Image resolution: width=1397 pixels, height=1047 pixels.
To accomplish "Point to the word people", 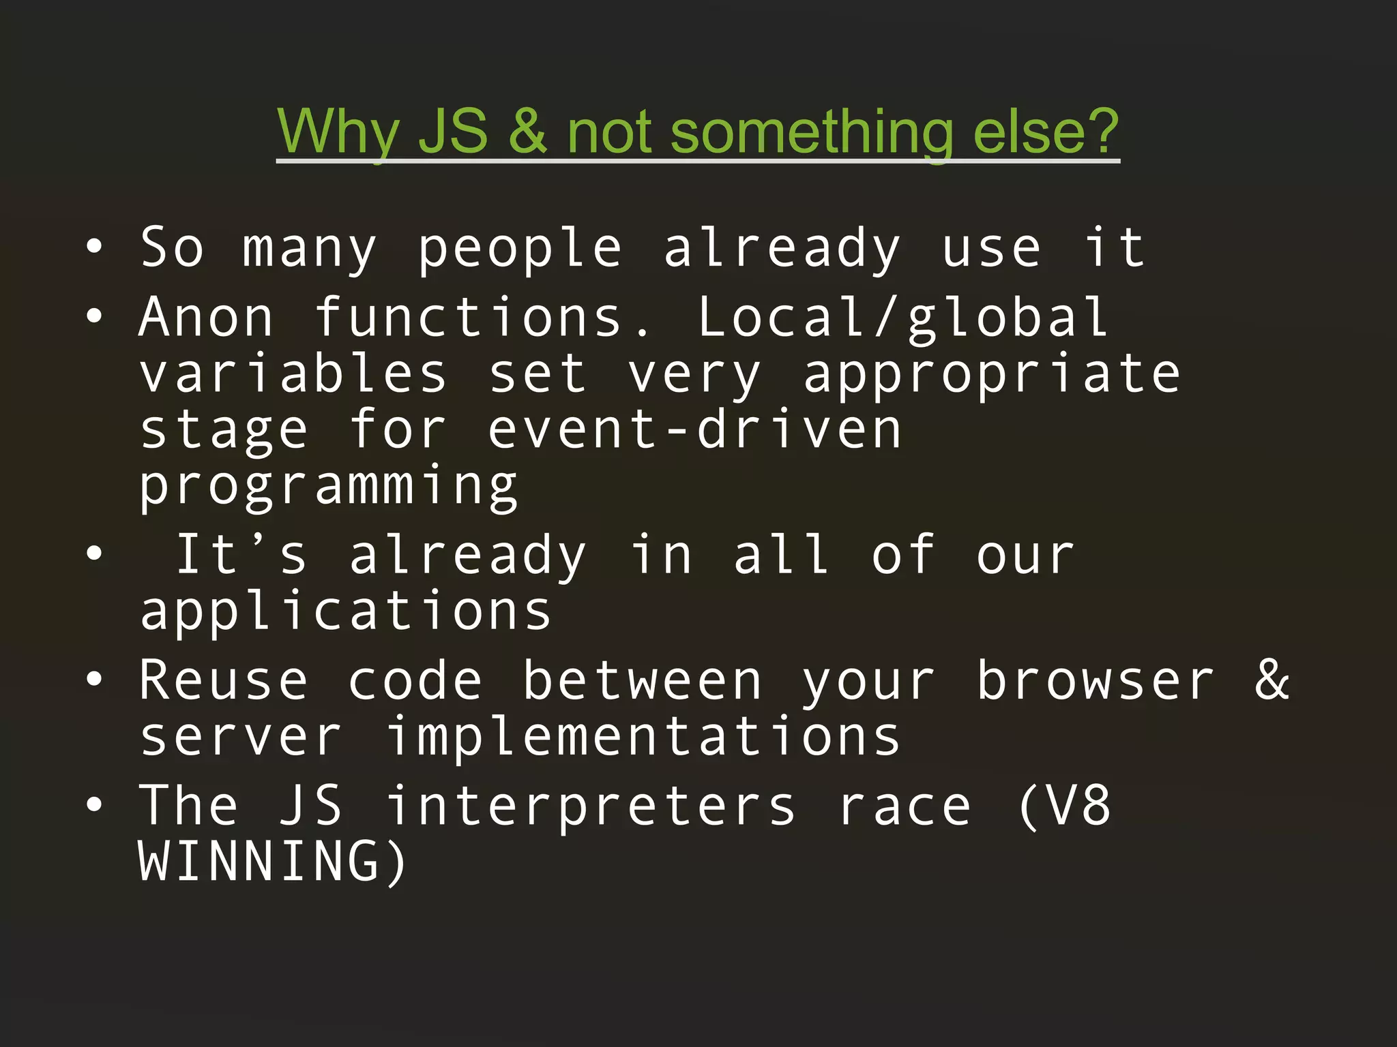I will click(520, 248).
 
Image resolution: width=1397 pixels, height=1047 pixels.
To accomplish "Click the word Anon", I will click(206, 318).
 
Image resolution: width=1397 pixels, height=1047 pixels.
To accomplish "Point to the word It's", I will click(241, 555).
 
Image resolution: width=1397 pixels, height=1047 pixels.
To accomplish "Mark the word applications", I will click(346, 612).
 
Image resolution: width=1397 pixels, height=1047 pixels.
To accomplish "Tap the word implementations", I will click(643, 738).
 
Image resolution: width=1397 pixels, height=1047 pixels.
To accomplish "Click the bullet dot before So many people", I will click(94, 247).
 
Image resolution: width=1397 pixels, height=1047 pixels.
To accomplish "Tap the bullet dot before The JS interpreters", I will click(94, 805).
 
